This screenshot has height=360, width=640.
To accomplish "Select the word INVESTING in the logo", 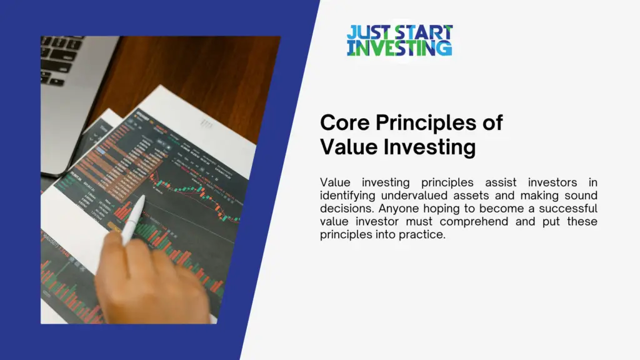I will pos(399,48).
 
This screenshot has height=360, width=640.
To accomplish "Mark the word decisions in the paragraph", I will pos(347,209).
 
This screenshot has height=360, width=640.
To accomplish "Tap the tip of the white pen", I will pos(143,198).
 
